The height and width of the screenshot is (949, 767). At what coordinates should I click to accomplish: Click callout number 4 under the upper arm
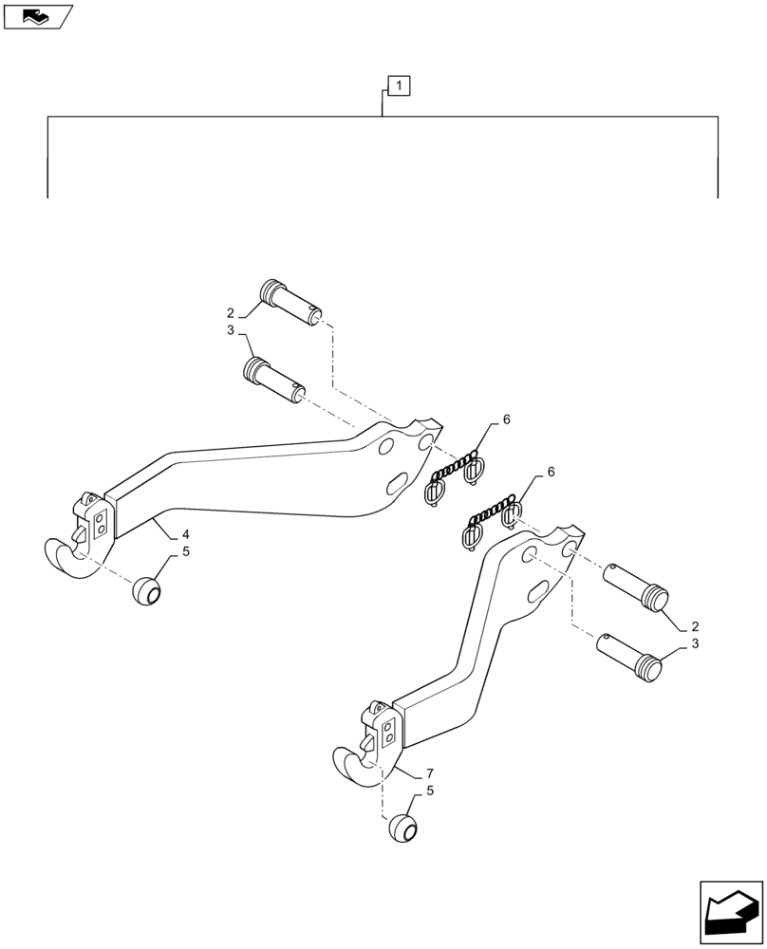tap(186, 534)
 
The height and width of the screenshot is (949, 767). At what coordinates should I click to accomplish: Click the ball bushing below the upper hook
tap(146, 591)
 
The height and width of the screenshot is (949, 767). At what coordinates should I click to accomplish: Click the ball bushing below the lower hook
tap(402, 828)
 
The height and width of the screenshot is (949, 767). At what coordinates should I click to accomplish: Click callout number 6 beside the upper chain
tap(506, 419)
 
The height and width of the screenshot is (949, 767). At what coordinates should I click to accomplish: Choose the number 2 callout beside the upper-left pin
tap(231, 312)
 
